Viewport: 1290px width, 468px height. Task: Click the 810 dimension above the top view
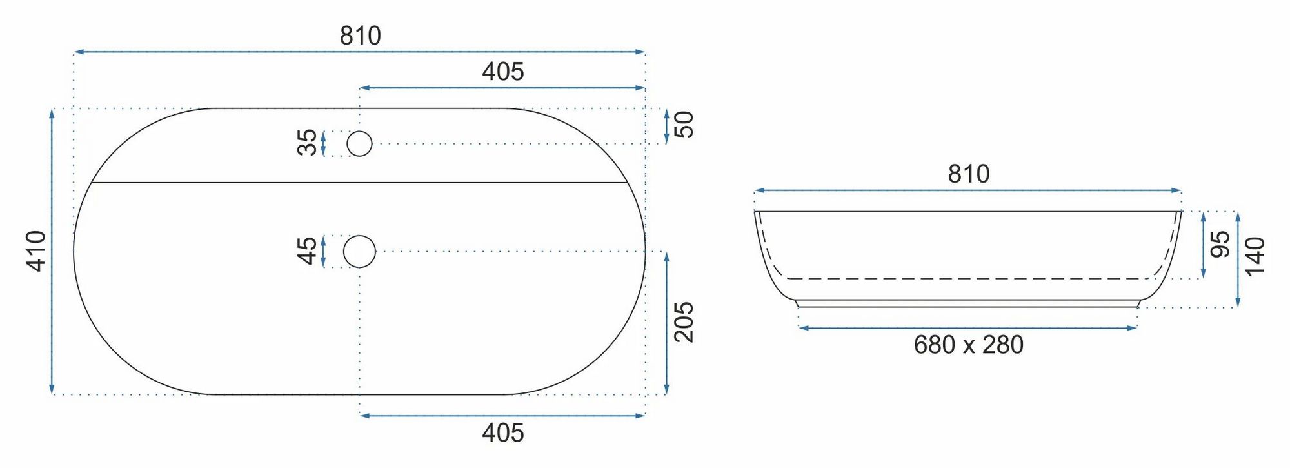(360, 36)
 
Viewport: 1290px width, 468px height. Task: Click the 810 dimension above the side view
(968, 174)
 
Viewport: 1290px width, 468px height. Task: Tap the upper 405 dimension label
(503, 71)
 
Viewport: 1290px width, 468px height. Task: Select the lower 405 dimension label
(503, 432)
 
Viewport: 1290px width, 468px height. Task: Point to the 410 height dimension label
(35, 251)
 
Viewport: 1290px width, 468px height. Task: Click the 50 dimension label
(684, 125)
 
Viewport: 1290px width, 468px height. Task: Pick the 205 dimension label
(684, 321)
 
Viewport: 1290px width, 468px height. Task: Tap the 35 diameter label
(307, 143)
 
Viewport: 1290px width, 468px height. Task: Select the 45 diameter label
(307, 251)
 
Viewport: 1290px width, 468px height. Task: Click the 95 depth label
(1220, 245)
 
